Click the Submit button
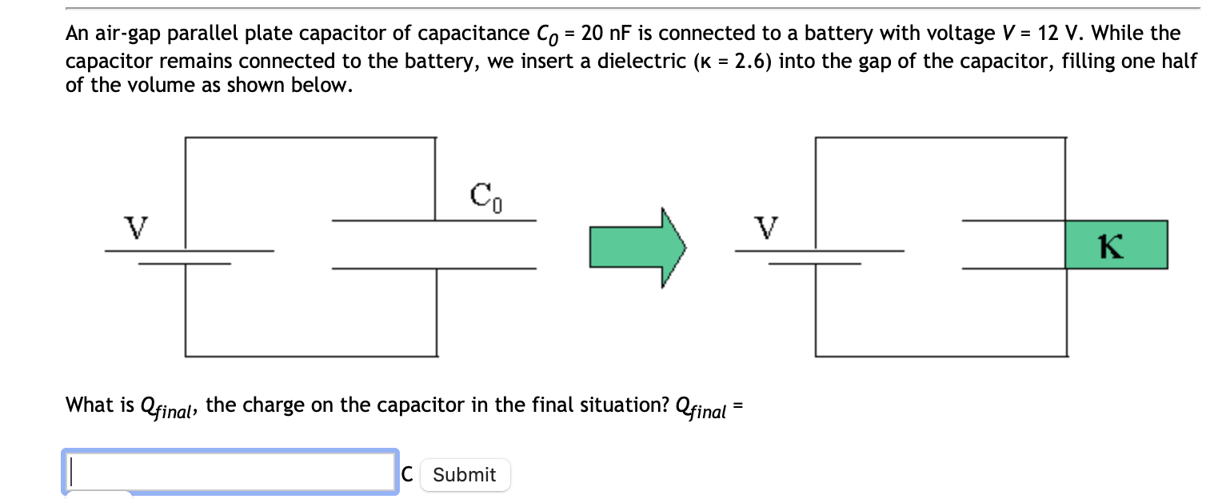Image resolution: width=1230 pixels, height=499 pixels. pos(465,474)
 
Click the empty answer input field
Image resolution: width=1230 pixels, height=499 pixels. pos(230,472)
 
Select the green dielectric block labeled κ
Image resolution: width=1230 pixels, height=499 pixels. pos(1116,245)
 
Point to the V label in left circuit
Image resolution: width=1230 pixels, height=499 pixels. pos(138,227)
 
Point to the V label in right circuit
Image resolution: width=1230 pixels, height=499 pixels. pos(768,227)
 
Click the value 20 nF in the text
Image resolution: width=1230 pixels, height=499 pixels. pos(607,34)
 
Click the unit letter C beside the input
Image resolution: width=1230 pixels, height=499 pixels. pos(407,474)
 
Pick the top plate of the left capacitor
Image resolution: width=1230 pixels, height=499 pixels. pos(433,220)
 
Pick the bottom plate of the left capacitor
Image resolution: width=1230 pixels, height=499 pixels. pos(433,268)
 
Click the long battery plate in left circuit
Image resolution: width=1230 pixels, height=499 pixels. pos(189,250)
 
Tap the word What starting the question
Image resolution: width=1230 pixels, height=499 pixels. pos(90,405)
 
